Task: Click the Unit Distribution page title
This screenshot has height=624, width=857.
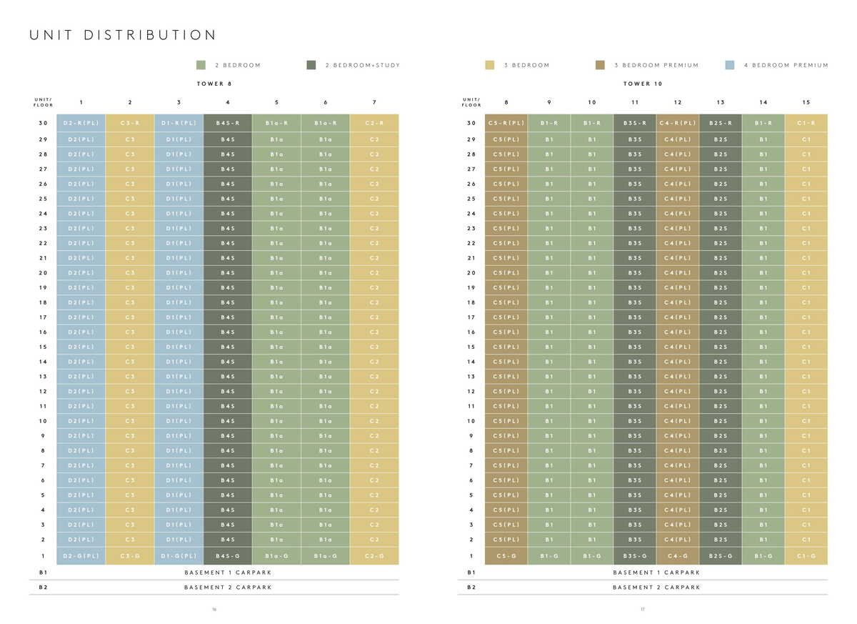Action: point(122,35)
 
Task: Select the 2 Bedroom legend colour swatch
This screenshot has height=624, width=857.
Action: point(201,65)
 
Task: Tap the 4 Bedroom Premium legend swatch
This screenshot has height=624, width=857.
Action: point(729,65)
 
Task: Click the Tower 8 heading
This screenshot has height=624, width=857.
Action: point(214,84)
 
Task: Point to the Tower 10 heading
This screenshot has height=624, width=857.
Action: point(643,84)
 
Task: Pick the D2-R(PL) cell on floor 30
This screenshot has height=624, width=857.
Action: point(81,123)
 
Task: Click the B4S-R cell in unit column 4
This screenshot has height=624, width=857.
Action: point(228,123)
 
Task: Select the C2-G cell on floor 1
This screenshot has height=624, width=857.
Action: point(374,556)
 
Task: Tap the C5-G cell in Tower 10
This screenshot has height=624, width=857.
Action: point(506,556)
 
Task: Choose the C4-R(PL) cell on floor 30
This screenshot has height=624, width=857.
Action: point(678,123)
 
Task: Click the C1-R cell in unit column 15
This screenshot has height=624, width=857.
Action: point(806,123)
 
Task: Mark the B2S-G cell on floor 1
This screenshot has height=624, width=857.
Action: point(721,556)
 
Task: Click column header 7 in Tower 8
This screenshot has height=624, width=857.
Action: point(374,102)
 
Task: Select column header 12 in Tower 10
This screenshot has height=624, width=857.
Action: point(678,102)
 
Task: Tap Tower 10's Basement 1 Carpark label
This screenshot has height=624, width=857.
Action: point(656,573)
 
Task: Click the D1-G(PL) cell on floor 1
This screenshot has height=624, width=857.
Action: point(179,556)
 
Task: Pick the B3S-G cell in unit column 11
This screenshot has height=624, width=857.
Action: point(635,556)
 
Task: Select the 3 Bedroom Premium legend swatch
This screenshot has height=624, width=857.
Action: point(600,65)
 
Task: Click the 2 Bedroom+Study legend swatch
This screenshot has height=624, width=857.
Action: point(311,65)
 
